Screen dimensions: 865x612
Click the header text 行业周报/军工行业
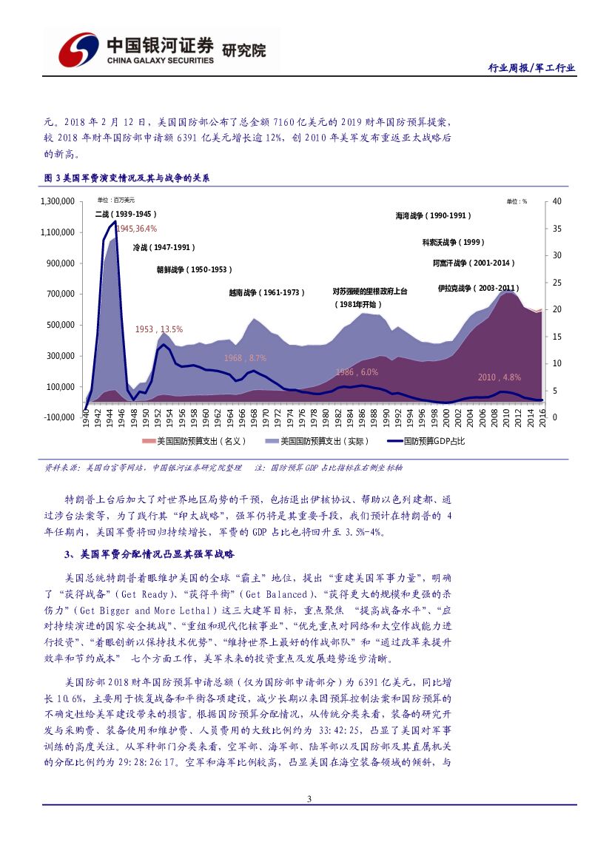(531, 68)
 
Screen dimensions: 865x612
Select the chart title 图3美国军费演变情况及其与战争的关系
(127, 178)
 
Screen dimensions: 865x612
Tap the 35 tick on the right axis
(557, 229)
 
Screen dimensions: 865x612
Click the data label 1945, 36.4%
(136, 229)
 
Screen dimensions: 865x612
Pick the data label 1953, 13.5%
(158, 329)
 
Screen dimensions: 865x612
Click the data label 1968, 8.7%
(245, 357)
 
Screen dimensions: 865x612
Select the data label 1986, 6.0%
(357, 372)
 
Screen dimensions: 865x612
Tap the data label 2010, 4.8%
(500, 377)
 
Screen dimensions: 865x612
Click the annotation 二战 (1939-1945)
(126, 214)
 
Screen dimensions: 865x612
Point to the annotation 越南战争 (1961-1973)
(267, 293)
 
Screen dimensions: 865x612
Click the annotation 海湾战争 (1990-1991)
(433, 216)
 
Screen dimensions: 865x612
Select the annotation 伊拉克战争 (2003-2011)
(478, 288)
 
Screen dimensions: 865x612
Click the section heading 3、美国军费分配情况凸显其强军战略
(149, 553)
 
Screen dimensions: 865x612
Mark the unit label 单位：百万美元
(116, 201)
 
